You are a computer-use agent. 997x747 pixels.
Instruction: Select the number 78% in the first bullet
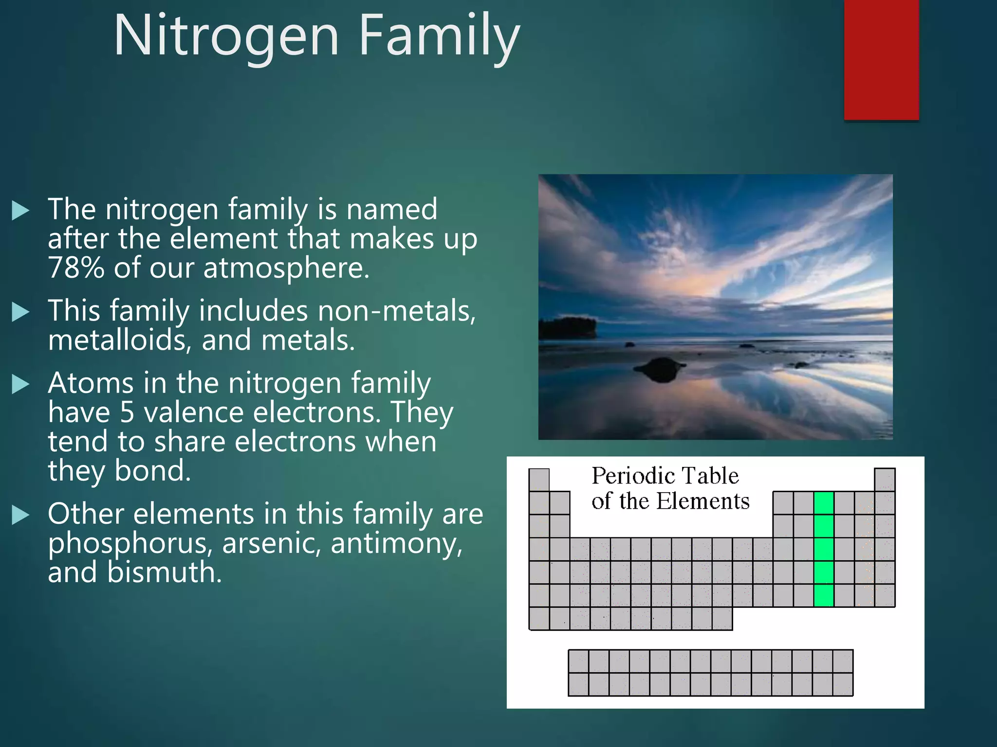[x=76, y=268]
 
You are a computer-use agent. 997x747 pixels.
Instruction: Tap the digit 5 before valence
[x=127, y=412]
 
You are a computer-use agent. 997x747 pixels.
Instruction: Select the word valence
[x=194, y=412]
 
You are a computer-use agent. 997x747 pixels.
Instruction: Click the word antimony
[x=396, y=544]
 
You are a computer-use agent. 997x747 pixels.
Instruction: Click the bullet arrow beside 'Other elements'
[x=20, y=515]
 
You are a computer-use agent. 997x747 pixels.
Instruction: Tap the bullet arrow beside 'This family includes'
[x=20, y=312]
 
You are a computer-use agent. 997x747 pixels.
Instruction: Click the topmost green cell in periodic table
[x=823, y=503]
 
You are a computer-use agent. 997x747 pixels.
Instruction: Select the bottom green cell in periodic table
[x=823, y=595]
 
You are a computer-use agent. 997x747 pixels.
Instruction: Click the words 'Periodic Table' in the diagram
[x=665, y=476]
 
